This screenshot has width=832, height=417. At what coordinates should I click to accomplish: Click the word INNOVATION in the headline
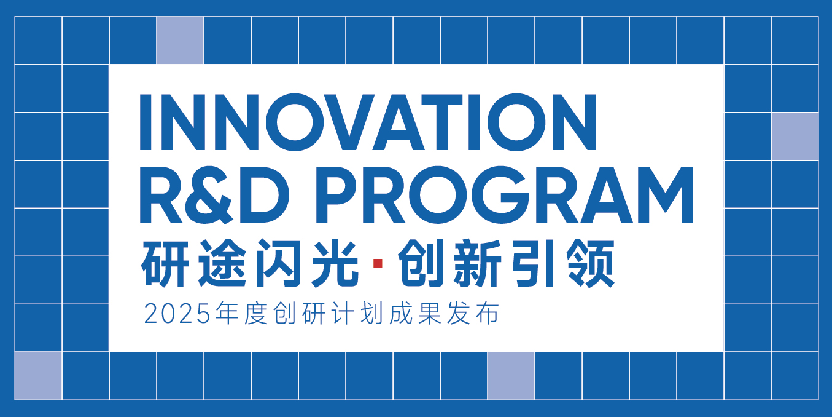coord(368,122)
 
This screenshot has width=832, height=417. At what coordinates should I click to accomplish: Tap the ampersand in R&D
coord(210,195)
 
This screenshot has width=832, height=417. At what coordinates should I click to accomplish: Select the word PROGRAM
coord(504,195)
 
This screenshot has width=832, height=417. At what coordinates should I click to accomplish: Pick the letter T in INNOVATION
coord(441,122)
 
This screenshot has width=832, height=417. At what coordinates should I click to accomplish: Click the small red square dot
coord(378,263)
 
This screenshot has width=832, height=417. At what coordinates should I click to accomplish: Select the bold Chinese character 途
coord(222,263)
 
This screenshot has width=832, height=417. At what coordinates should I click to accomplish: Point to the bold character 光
coord(335,263)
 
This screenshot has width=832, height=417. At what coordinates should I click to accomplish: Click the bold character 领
coord(591,263)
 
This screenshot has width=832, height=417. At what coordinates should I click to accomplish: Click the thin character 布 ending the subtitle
coord(487,314)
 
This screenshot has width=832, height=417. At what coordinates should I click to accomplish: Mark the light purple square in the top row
coord(180,41)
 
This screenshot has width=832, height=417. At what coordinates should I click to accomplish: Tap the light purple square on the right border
coord(795,137)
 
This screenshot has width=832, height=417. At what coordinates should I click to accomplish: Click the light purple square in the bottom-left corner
coord(38,376)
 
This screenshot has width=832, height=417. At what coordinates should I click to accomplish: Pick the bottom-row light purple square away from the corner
coord(511,376)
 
